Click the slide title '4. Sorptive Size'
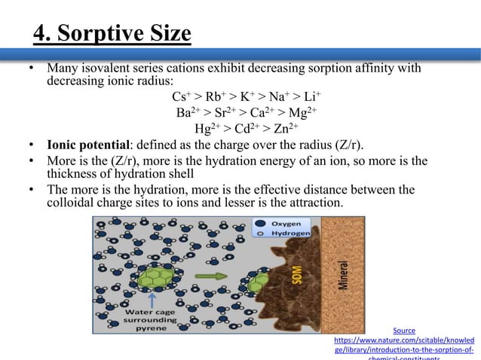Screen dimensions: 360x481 pos(112,35)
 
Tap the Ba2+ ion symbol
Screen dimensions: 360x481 pos(186,113)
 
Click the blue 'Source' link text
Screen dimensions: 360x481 pos(404,330)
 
